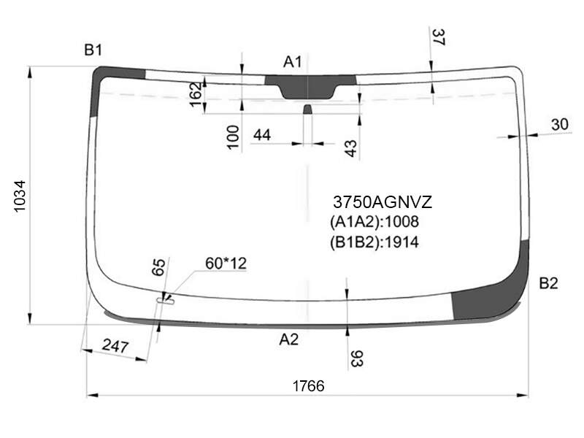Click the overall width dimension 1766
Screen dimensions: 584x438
(308, 386)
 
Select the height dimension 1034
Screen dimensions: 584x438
(20, 196)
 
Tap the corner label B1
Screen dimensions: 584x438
(93, 50)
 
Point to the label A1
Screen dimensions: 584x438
(293, 62)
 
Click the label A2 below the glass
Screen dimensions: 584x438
(288, 339)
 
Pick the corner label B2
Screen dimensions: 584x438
(549, 283)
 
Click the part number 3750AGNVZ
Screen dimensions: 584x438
(383, 202)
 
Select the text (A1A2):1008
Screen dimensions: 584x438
(374, 222)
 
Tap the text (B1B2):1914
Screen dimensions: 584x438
(374, 242)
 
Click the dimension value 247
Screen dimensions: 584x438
(115, 346)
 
